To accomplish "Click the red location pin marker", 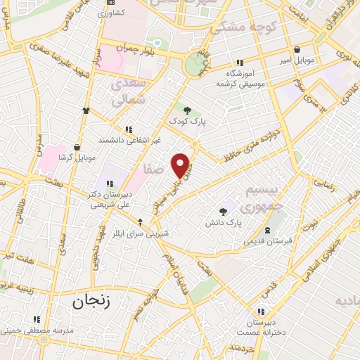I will pyautogui.click(x=182, y=165).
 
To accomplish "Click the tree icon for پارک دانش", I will pyautogui.click(x=223, y=211).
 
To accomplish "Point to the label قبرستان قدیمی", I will pyautogui.click(x=267, y=241).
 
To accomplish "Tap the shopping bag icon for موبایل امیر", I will pyautogui.click(x=298, y=49).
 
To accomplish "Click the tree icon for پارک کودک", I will pyautogui.click(x=187, y=109).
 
